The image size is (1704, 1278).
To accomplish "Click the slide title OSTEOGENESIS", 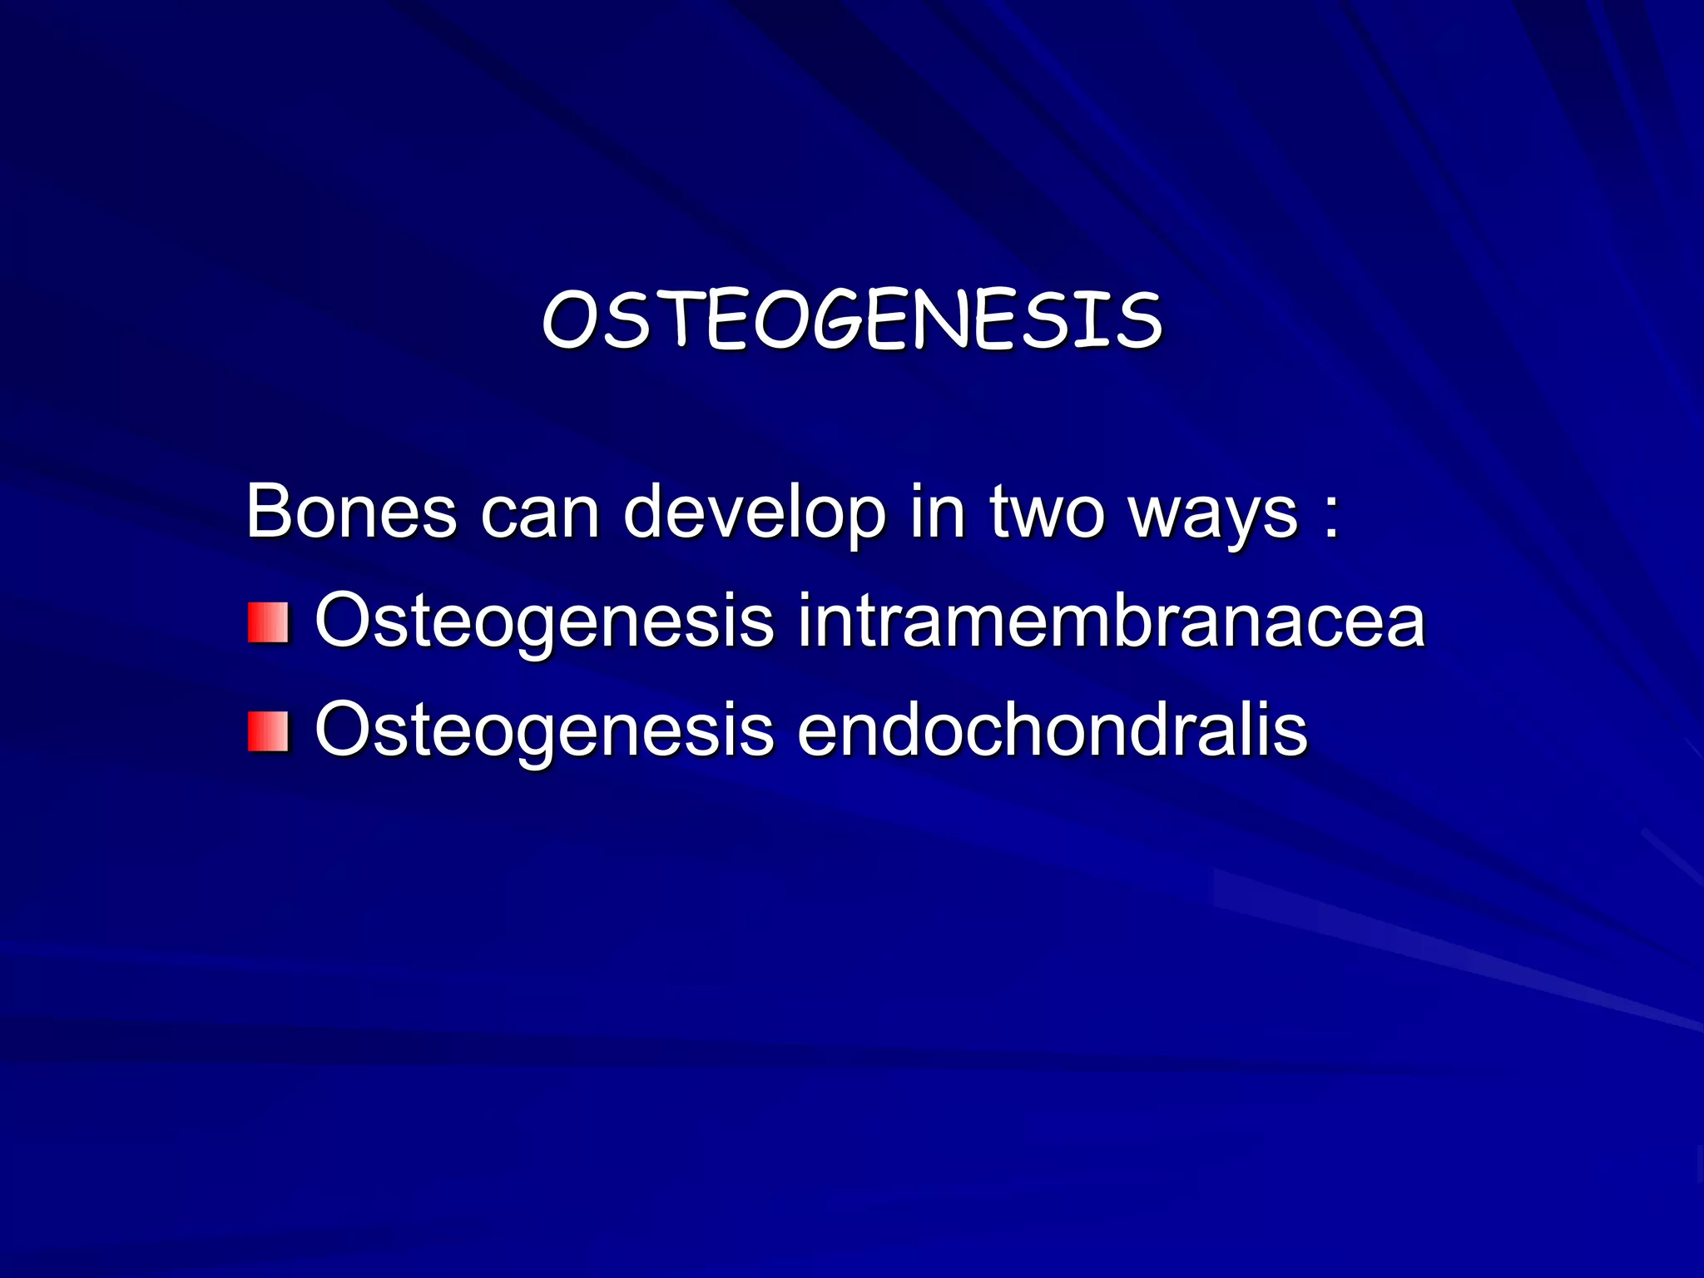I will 852,319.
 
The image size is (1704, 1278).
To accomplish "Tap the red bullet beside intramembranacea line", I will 268,623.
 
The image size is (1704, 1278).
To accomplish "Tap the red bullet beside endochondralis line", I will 268,731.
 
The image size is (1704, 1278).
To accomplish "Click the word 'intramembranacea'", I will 1111,622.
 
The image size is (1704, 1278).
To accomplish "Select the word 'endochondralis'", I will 1053,730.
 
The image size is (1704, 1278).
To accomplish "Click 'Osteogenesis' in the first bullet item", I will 544,623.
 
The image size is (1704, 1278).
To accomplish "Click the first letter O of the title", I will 567,321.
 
